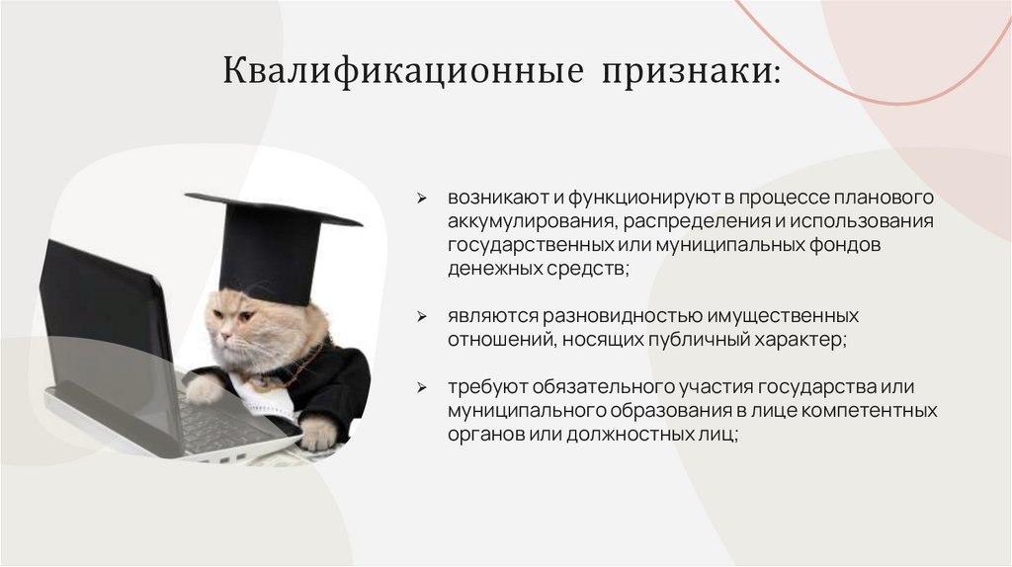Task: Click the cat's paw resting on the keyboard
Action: click(204, 390)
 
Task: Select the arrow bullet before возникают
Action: click(421, 199)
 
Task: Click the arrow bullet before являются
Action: click(421, 317)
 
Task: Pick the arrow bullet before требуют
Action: click(421, 387)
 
